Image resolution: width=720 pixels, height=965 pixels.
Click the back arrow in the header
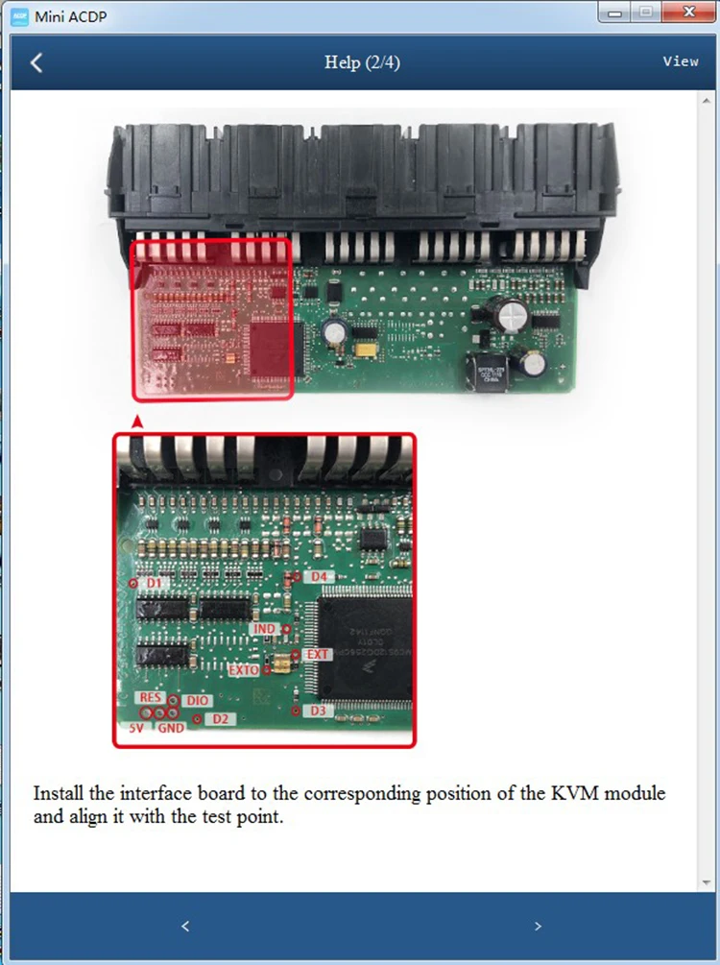click(36, 63)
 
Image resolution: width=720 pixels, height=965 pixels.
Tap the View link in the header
click(681, 61)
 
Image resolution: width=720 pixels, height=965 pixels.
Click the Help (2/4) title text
click(362, 62)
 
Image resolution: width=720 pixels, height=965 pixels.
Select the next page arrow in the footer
click(538, 927)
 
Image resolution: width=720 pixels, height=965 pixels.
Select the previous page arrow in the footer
click(185, 927)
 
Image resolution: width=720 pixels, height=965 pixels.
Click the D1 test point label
click(155, 583)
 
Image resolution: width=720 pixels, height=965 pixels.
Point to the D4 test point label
click(320, 576)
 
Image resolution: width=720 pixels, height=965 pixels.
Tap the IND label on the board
click(265, 628)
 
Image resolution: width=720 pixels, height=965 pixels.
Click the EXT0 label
click(244, 669)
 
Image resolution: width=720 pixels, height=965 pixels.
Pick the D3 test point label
click(319, 711)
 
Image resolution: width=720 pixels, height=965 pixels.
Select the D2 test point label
click(220, 718)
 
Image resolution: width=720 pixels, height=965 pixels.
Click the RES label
click(151, 697)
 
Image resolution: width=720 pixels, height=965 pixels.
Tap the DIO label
click(197, 702)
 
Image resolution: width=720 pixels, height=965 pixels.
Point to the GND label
click(171, 728)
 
